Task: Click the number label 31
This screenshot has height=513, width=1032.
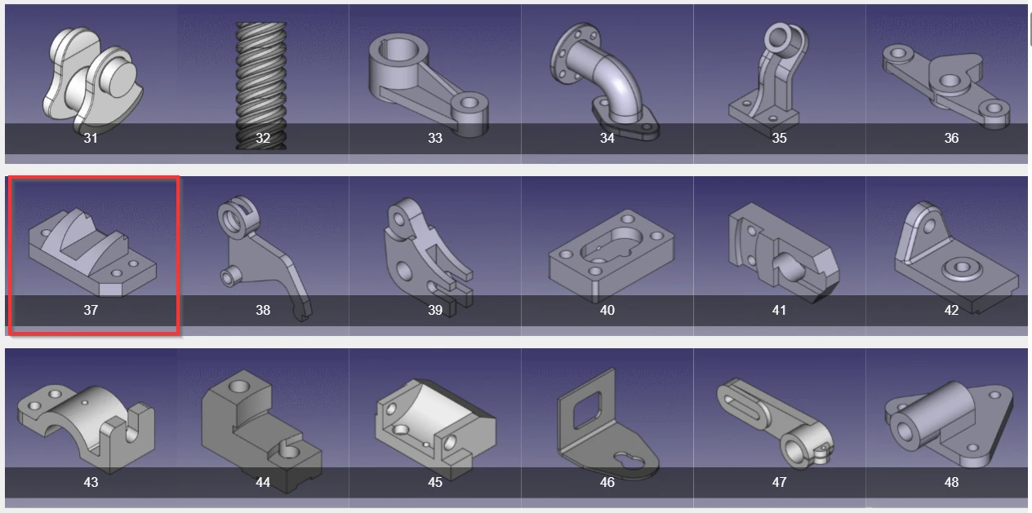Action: tap(91, 138)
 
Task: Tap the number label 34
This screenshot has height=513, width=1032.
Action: tap(607, 138)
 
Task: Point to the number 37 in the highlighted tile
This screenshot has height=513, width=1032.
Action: tap(91, 310)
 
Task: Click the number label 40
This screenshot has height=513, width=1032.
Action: tap(607, 310)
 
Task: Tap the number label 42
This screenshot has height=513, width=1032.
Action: tap(951, 310)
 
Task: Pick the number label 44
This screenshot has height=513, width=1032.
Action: tap(262, 482)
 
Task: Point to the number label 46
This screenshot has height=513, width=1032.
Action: tap(607, 482)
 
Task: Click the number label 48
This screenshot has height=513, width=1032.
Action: tap(951, 482)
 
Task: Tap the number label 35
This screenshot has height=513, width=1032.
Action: tap(779, 138)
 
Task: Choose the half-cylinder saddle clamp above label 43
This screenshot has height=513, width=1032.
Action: tap(86, 420)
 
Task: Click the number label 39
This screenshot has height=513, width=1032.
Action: tap(434, 310)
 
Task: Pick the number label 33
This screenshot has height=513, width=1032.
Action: tap(434, 138)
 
